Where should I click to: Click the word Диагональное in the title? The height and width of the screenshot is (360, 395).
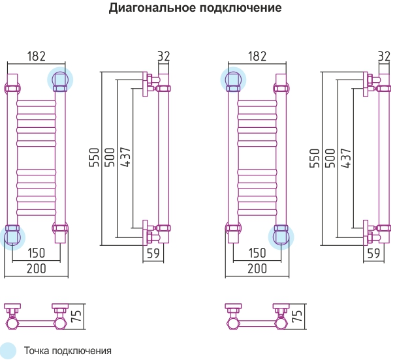click(x=152, y=8)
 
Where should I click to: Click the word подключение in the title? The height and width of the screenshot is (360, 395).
click(x=241, y=8)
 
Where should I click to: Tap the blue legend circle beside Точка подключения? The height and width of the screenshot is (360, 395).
click(x=8, y=351)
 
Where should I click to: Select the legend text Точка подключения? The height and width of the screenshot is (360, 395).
click(x=67, y=351)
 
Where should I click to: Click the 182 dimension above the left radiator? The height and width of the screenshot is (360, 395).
click(x=37, y=56)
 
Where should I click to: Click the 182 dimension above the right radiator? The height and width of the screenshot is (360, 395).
click(x=257, y=56)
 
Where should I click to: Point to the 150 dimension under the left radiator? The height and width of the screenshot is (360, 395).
click(x=37, y=253)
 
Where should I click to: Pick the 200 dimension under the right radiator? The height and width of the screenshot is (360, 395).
click(x=257, y=269)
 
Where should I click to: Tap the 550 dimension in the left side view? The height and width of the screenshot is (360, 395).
click(x=95, y=157)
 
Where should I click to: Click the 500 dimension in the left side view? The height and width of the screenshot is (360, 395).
click(x=110, y=157)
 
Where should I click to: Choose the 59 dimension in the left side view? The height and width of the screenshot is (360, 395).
click(x=153, y=253)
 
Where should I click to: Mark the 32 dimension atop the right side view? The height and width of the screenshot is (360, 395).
click(x=384, y=56)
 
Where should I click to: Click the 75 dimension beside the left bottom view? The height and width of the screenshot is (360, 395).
click(x=76, y=316)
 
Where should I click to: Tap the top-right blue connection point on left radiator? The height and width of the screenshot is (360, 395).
click(x=60, y=80)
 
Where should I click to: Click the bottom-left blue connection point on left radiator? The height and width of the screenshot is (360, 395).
click(x=12, y=237)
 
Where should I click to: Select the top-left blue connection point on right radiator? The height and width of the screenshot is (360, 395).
click(x=233, y=80)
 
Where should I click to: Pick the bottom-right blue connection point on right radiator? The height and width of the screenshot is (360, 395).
click(x=281, y=237)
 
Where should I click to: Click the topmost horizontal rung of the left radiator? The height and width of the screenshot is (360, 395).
click(x=37, y=104)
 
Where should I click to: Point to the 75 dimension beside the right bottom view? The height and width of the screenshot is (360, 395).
click(x=297, y=316)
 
